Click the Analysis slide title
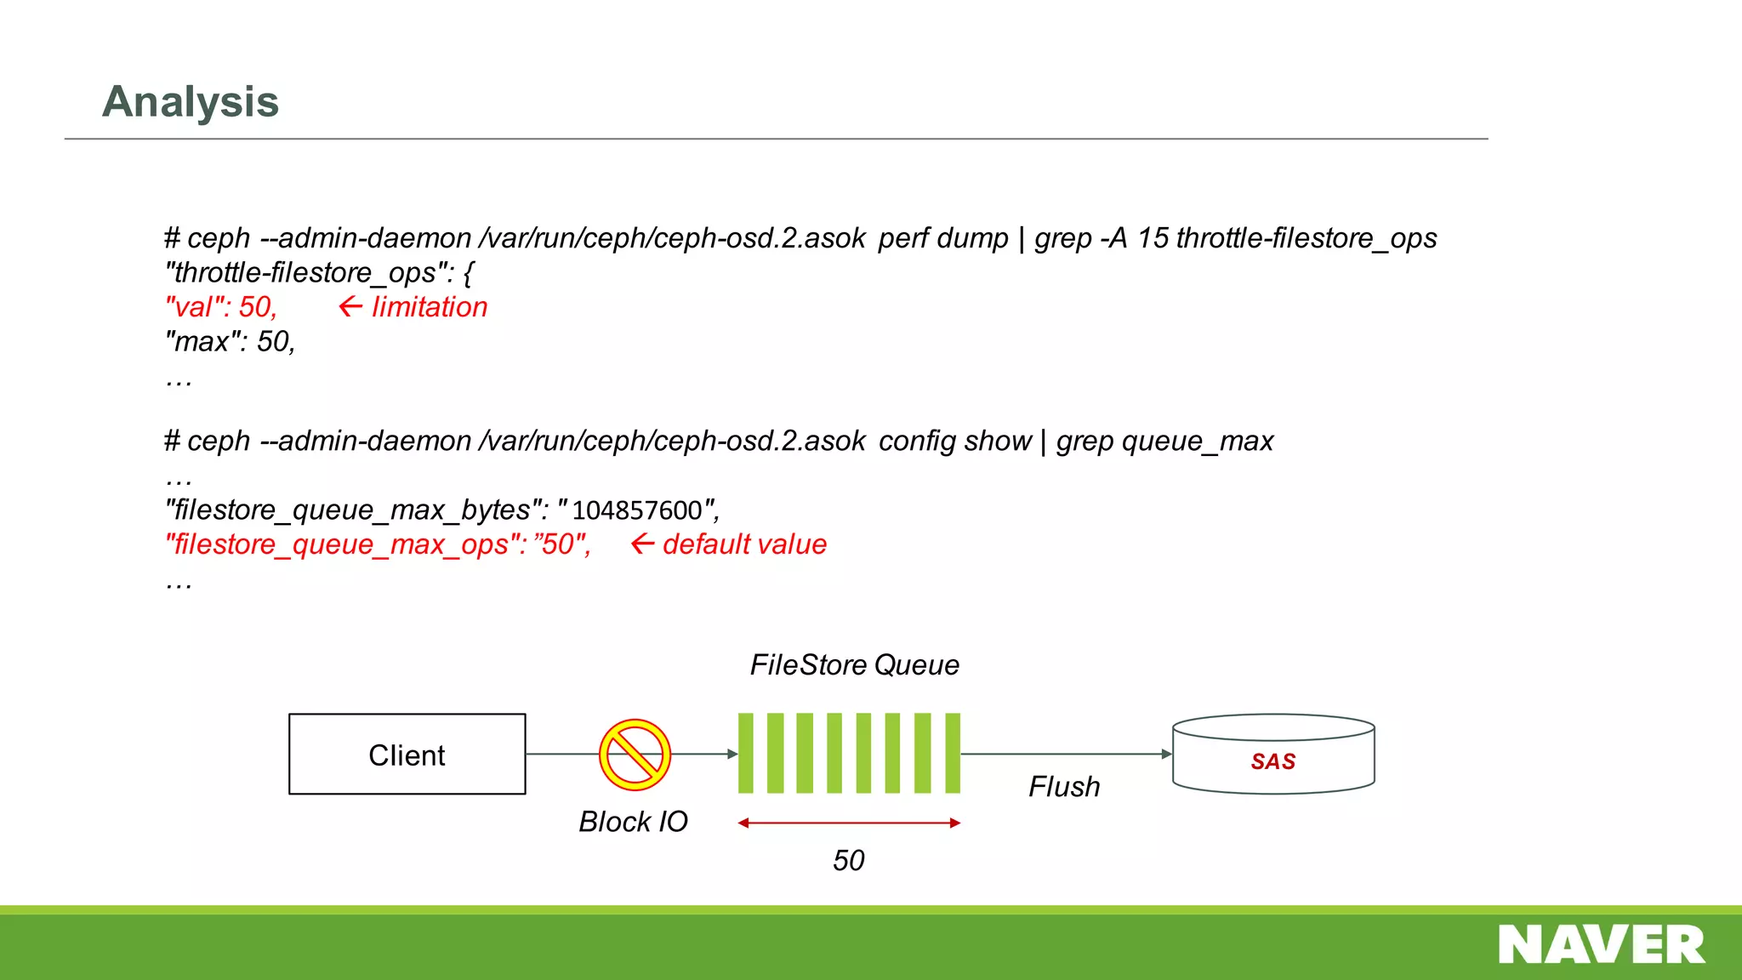pyautogui.click(x=191, y=102)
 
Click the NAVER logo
pyautogui.click(x=1601, y=945)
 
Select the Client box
pyautogui.click(x=407, y=755)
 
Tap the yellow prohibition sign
pyautogui.click(x=635, y=755)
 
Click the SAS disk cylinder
pyautogui.click(x=1272, y=755)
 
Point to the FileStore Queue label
pyautogui.click(x=854, y=665)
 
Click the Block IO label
pyautogui.click(x=633, y=822)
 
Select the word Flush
pyautogui.click(x=1063, y=787)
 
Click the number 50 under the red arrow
pyautogui.click(x=848, y=861)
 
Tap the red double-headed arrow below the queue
pyautogui.click(x=849, y=823)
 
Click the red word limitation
pyautogui.click(x=430, y=307)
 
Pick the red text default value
pyautogui.click(x=744, y=544)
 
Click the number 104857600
pyautogui.click(x=637, y=510)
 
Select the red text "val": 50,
pyautogui.click(x=221, y=307)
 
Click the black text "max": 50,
pyautogui.click(x=230, y=342)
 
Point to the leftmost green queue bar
pyautogui.click(x=746, y=754)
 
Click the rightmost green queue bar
pyautogui.click(x=953, y=754)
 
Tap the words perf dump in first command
pyautogui.click(x=942, y=238)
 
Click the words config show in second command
pyautogui.click(x=954, y=442)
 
